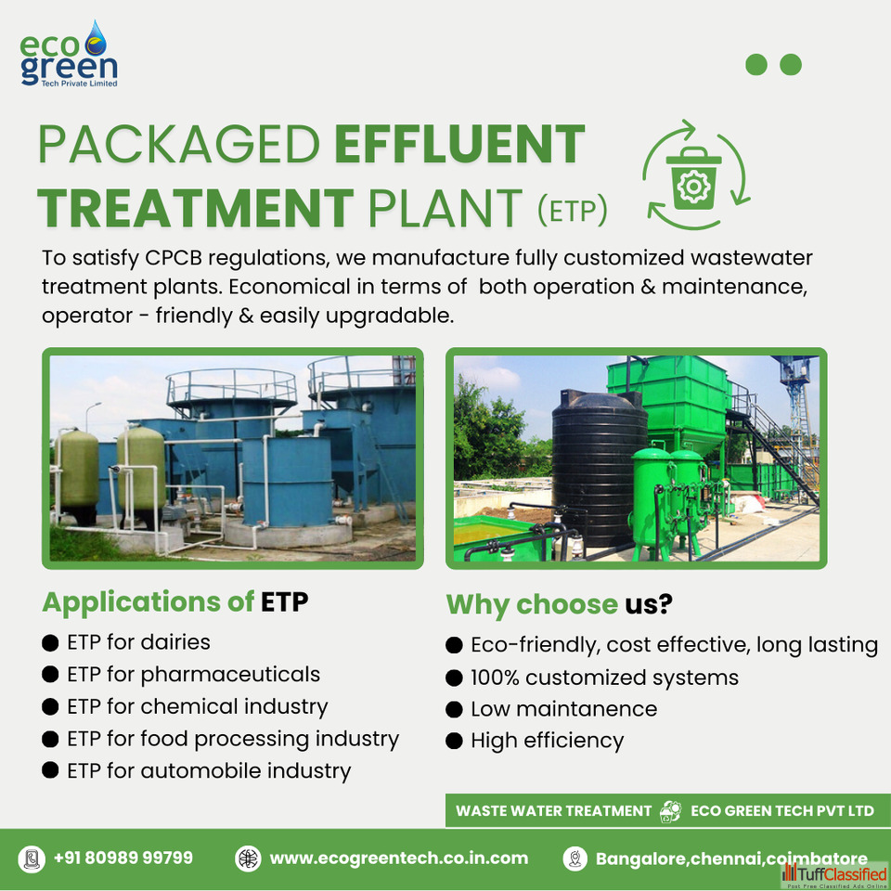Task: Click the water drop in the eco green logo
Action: click(96, 39)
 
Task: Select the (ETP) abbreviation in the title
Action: click(573, 210)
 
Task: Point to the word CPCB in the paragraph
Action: click(174, 257)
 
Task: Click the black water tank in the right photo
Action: click(600, 467)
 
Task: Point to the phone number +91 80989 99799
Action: click(123, 858)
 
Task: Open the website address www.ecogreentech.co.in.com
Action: click(399, 858)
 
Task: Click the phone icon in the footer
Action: click(32, 859)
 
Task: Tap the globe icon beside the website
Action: click(249, 858)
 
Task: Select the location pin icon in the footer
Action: click(575, 858)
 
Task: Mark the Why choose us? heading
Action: click(559, 604)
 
